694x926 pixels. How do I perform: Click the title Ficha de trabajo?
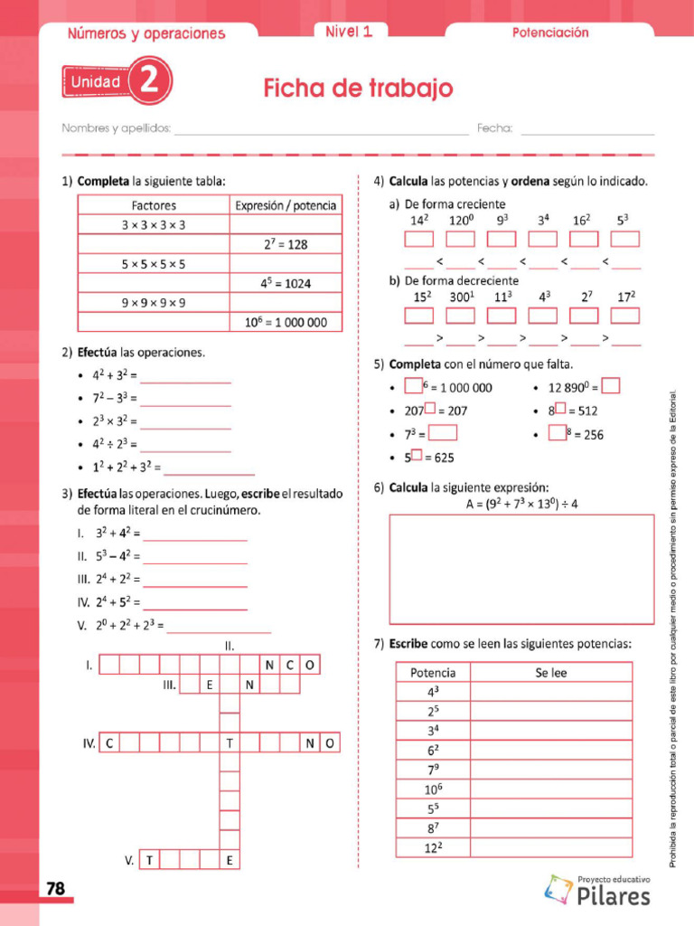pyautogui.click(x=358, y=89)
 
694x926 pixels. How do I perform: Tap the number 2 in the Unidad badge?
pyautogui.click(x=149, y=82)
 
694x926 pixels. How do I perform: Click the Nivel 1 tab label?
pyautogui.click(x=349, y=32)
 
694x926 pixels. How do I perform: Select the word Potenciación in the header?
pyautogui.click(x=550, y=33)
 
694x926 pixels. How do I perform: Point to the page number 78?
pyautogui.click(x=56, y=889)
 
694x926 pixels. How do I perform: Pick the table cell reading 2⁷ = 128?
pyautogui.click(x=286, y=244)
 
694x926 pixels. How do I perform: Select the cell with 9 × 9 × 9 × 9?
pyautogui.click(x=154, y=303)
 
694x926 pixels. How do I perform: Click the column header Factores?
pyautogui.click(x=154, y=205)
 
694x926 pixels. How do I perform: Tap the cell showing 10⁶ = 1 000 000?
pyautogui.click(x=286, y=322)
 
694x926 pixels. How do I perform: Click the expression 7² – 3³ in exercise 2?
pyautogui.click(x=114, y=398)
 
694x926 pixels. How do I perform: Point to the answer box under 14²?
pyautogui.click(x=418, y=239)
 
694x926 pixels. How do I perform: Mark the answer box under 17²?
pyautogui.click(x=625, y=316)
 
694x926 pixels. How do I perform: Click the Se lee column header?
pyautogui.click(x=550, y=673)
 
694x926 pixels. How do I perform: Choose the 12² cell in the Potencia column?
pyautogui.click(x=434, y=848)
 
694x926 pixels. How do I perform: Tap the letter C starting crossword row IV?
pyautogui.click(x=108, y=743)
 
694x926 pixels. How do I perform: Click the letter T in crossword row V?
pyautogui.click(x=148, y=861)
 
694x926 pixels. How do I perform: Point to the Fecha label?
pyautogui.click(x=494, y=128)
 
